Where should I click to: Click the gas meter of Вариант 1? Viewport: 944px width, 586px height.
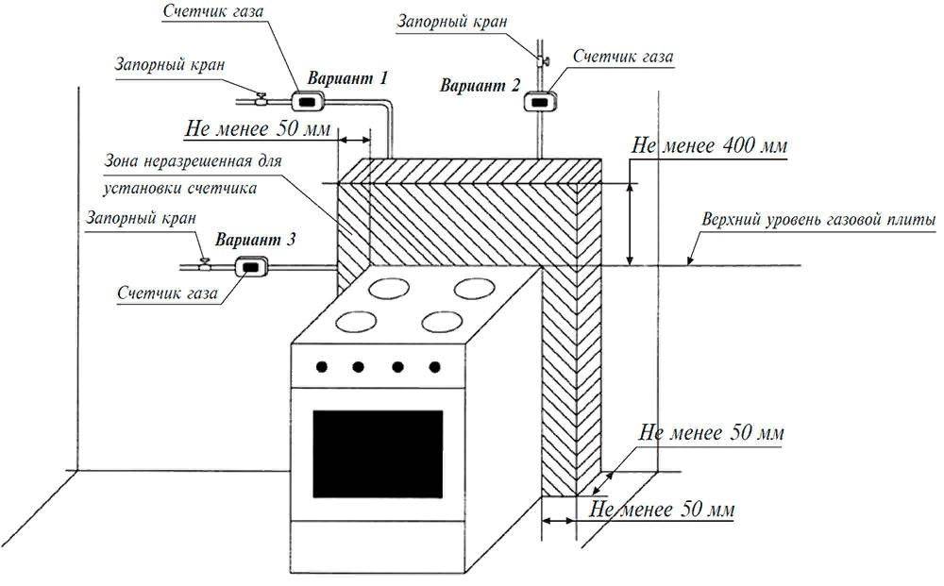tap(306, 99)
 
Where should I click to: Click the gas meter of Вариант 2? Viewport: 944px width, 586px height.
tap(540, 99)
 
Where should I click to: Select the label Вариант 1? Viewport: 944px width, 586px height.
tap(343, 78)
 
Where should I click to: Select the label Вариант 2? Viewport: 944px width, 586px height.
tap(480, 85)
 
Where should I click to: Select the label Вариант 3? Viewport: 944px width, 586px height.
tap(255, 241)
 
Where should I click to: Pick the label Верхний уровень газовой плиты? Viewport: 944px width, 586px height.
tap(818, 220)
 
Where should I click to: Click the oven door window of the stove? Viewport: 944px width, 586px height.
tap(378, 451)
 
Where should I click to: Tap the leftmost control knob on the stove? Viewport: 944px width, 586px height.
tap(322, 366)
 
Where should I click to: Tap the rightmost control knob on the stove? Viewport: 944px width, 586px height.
tap(434, 366)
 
